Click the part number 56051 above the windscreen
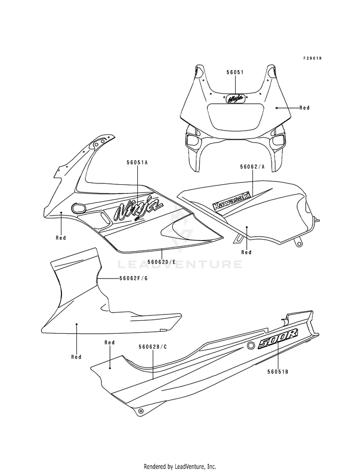point(236,72)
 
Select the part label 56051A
point(137,163)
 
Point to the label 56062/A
point(252,168)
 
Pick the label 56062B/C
point(153,346)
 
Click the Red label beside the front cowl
point(304,108)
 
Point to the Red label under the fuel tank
point(246,252)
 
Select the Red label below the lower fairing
point(76,357)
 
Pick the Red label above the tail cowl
point(109,342)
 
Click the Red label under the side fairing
point(61,238)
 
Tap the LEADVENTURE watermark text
point(180,264)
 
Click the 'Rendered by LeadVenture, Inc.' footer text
point(180,466)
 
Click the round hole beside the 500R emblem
point(251,346)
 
